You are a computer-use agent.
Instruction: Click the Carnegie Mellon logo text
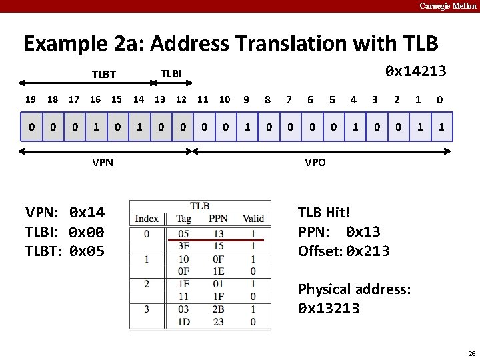point(447,6)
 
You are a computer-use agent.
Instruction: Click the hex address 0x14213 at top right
point(416,71)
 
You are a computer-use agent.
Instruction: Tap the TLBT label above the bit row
point(103,75)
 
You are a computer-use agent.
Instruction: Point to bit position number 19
point(30,99)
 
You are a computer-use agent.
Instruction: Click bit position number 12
point(181,99)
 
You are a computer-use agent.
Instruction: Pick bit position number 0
point(440,99)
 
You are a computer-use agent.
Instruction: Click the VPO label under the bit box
point(315,163)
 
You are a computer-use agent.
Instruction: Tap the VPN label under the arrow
point(103,163)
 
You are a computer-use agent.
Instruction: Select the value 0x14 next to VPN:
point(87,213)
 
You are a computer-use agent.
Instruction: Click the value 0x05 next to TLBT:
point(87,252)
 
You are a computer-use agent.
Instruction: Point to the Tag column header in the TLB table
point(183,219)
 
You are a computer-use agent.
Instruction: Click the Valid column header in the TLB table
point(253,219)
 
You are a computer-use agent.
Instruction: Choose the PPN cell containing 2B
point(218,309)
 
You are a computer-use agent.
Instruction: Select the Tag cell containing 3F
point(183,246)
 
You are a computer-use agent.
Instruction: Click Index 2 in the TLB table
point(147,284)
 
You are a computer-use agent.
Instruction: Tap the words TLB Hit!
point(324,213)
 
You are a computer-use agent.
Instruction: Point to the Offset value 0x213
point(368,251)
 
